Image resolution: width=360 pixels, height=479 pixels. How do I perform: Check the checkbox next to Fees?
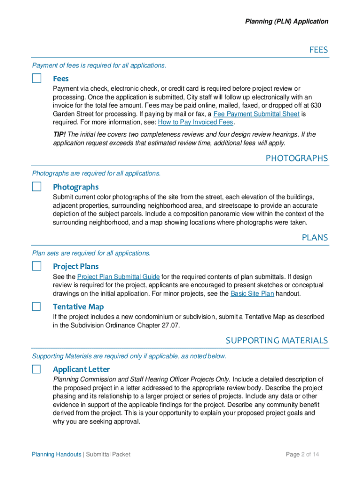[x=36, y=78]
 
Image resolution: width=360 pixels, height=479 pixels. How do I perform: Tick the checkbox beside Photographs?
[x=36, y=187]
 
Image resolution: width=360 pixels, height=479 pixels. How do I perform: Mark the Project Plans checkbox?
[x=36, y=266]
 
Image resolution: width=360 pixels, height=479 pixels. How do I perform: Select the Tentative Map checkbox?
[x=36, y=306]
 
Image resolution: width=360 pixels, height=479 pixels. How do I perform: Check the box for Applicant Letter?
[x=36, y=369]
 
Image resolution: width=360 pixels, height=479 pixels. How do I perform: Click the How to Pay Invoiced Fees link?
[x=195, y=122]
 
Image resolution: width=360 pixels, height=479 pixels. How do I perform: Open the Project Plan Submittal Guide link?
[x=118, y=277]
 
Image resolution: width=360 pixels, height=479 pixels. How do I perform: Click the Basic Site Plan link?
[x=252, y=294]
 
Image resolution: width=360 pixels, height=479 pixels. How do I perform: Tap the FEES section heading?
[x=318, y=50]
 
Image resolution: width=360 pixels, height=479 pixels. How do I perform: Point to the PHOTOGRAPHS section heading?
[x=296, y=158]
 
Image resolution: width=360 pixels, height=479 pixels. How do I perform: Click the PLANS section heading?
[x=315, y=237]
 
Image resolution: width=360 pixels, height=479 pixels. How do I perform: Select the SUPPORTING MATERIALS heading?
[x=277, y=340]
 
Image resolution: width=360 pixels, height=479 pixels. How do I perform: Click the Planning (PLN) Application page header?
[x=287, y=22]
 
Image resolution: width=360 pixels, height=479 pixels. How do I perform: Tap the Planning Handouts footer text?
[x=56, y=454]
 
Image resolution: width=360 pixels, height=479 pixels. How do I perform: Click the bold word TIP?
[x=59, y=135]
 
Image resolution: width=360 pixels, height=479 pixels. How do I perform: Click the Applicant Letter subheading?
[x=81, y=369]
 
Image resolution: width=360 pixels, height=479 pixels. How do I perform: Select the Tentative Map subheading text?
[x=78, y=306]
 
